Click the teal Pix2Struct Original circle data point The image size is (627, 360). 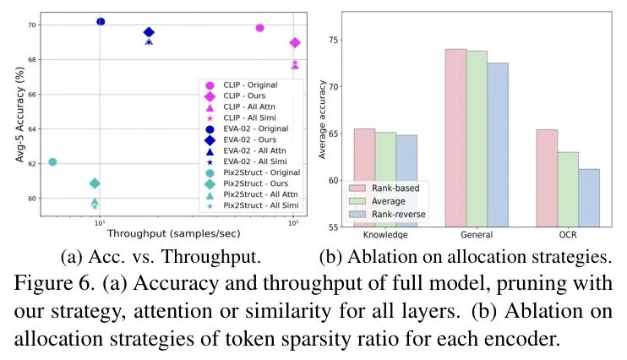pos(52,162)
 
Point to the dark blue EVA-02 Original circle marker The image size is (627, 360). pos(101,21)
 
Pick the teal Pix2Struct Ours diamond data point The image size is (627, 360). pos(95,183)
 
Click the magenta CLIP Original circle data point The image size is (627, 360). pos(259,28)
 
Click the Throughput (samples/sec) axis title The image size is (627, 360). pos(170,238)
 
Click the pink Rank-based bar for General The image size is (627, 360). pos(455,138)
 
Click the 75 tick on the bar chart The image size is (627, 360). pos(333,40)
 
